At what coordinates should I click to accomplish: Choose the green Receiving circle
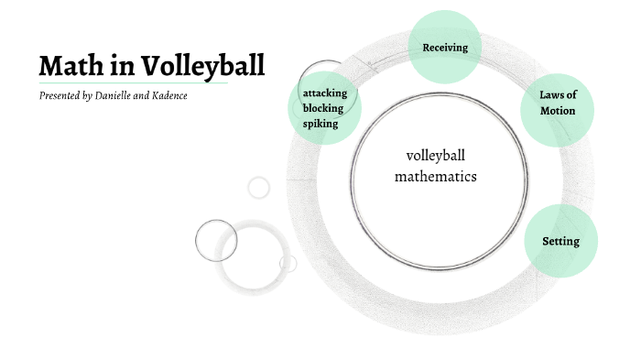point(445,47)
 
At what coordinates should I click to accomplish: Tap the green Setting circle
point(560,242)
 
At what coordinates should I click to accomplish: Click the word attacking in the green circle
point(325,93)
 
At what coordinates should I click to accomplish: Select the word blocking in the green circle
point(323,108)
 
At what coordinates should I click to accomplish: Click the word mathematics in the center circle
point(436,176)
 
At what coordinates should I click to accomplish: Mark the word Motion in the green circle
point(557,111)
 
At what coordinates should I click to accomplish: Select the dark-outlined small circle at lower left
point(216,240)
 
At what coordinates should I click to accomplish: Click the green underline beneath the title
point(133,83)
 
